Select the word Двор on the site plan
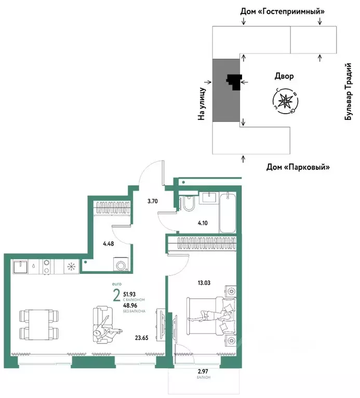pyautogui.click(x=284, y=76)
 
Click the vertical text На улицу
pyautogui.click(x=202, y=104)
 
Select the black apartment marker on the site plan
pyautogui.click(x=234, y=81)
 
